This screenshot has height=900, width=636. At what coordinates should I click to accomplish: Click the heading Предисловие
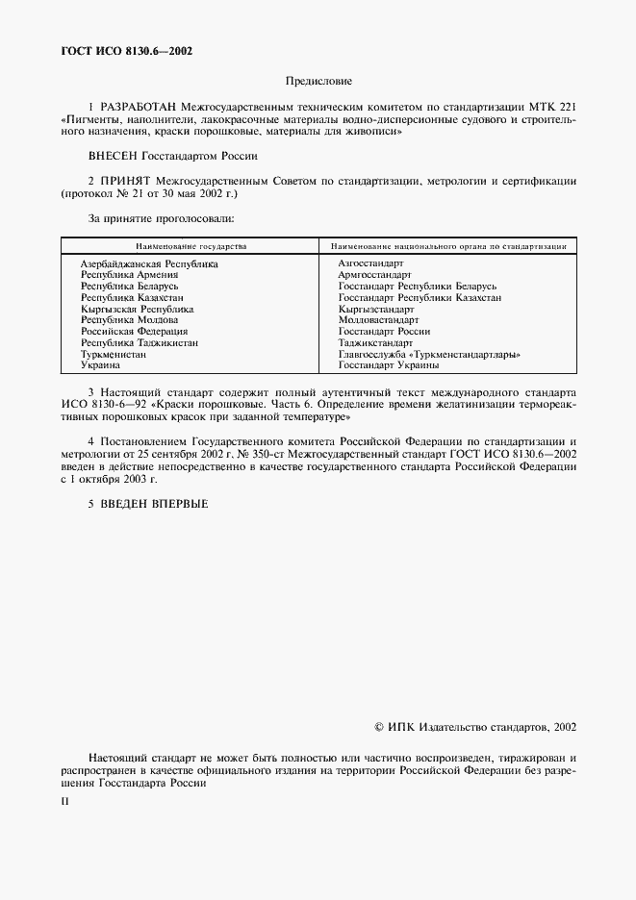(x=318, y=82)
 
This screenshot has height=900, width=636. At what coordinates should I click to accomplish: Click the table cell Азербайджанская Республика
(x=149, y=263)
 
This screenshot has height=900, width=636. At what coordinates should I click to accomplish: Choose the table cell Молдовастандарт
(x=378, y=320)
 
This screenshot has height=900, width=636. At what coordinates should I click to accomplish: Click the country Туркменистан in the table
(x=114, y=355)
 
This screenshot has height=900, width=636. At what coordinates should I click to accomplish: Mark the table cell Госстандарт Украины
(x=389, y=365)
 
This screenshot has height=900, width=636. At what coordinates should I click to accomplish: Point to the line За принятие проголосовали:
(x=148, y=219)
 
